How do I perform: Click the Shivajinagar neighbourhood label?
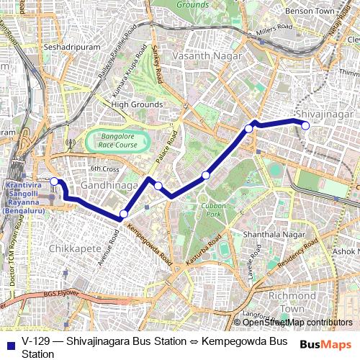324,114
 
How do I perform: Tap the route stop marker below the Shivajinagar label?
305,125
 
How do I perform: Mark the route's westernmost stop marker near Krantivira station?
54,181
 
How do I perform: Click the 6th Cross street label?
104,168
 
